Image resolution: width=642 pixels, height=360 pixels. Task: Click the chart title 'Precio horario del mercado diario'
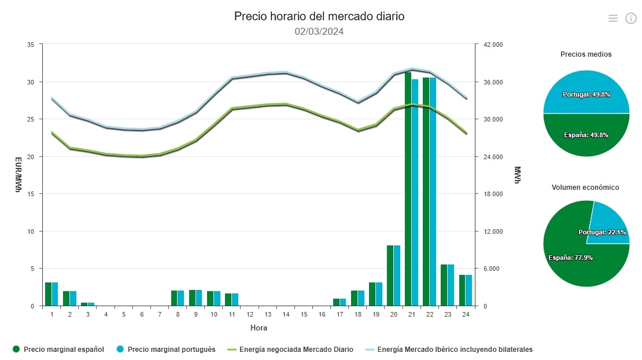click(319, 16)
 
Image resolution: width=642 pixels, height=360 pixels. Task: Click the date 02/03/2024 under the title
click(319, 32)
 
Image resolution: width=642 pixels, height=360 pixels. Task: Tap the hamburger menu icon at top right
click(613, 19)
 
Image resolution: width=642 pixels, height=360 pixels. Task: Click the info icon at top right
click(630, 19)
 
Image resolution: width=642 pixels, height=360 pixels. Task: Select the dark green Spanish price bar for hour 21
click(408, 191)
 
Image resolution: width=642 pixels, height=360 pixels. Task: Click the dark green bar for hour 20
click(390, 275)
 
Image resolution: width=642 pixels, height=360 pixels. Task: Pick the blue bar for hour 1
click(55, 294)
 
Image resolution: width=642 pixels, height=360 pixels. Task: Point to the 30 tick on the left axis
click(31, 82)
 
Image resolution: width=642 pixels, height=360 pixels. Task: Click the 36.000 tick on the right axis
click(493, 82)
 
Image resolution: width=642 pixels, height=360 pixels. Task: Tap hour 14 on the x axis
click(286, 314)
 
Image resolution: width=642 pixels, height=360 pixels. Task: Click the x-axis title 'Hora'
click(259, 328)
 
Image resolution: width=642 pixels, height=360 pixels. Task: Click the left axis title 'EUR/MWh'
click(18, 175)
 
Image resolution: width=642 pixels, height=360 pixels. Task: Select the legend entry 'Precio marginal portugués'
click(166, 350)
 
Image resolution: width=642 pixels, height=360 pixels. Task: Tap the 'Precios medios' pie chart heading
click(586, 54)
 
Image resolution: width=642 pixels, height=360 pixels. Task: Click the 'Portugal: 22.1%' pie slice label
click(602, 232)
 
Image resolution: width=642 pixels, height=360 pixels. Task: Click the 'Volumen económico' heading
click(585, 188)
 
